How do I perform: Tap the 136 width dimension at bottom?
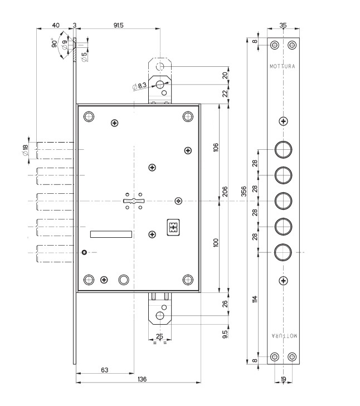[142, 379]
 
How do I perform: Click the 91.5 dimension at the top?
[118, 25]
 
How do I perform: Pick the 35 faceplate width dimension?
[283, 25]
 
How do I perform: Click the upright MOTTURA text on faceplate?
[283, 66]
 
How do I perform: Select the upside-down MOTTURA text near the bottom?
[284, 336]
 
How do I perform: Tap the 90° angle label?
[55, 45]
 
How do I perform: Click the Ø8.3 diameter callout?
[140, 86]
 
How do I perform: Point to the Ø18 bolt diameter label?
[25, 150]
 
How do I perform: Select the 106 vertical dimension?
[216, 147]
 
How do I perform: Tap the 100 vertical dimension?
[216, 243]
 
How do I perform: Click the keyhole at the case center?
[134, 200]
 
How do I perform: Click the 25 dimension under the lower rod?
[160, 336]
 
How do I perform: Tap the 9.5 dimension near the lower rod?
[225, 334]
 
